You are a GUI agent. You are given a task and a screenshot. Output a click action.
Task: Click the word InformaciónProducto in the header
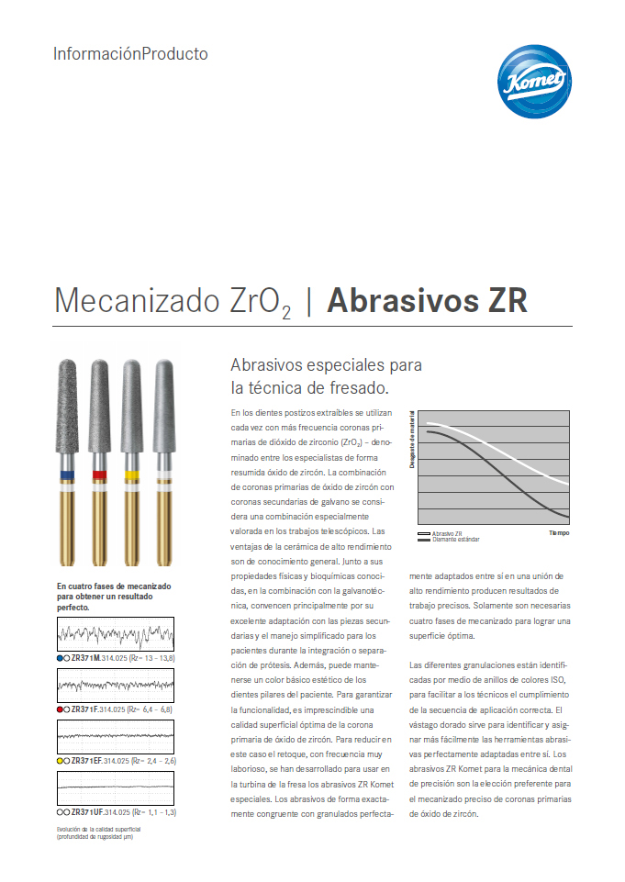pyautogui.click(x=130, y=54)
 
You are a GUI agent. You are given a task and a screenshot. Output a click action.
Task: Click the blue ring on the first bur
pyautogui.click(x=67, y=474)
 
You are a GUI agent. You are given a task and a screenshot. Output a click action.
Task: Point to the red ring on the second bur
pyautogui.click(x=99, y=474)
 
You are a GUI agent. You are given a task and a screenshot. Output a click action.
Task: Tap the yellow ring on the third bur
pyautogui.click(x=131, y=474)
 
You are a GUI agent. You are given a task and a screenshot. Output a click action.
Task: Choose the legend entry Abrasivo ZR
pyautogui.click(x=447, y=533)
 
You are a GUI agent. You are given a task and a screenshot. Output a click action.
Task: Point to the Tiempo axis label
pyautogui.click(x=559, y=533)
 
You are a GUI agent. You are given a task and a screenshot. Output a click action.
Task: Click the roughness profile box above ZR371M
pyautogui.click(x=115, y=633)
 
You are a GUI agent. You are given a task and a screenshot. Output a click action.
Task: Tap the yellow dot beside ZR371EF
pyautogui.click(x=60, y=761)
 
